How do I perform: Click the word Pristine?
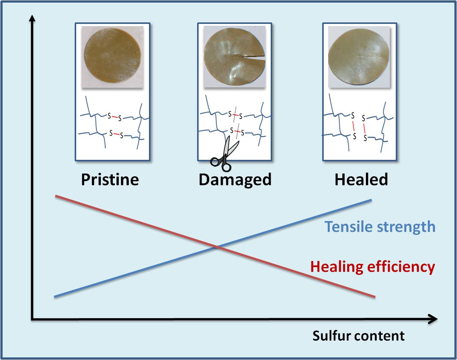(110, 180)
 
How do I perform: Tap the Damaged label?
(235, 180)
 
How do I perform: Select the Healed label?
(361, 180)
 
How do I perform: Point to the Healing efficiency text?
(373, 267)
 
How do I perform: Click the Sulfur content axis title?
(358, 336)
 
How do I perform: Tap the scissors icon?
(224, 154)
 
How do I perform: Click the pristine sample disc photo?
(112, 57)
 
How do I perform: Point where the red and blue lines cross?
(217, 247)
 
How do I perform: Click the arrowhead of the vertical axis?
(32, 18)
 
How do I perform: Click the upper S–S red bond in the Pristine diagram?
(115, 117)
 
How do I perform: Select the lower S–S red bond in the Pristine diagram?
(116, 134)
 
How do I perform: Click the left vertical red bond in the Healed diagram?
(353, 126)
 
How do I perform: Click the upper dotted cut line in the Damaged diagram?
(235, 115)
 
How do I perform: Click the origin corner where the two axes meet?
(32, 319)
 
